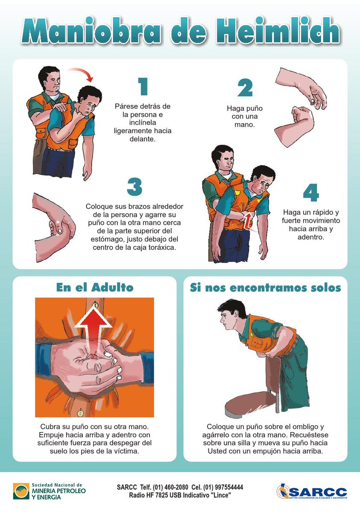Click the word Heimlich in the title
[x=278, y=31]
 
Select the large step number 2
[x=245, y=87]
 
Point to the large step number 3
[x=135, y=187]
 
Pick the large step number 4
[x=311, y=193]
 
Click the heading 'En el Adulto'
[x=95, y=287]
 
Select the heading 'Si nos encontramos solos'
[x=265, y=288]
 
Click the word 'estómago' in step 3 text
[x=107, y=239]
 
